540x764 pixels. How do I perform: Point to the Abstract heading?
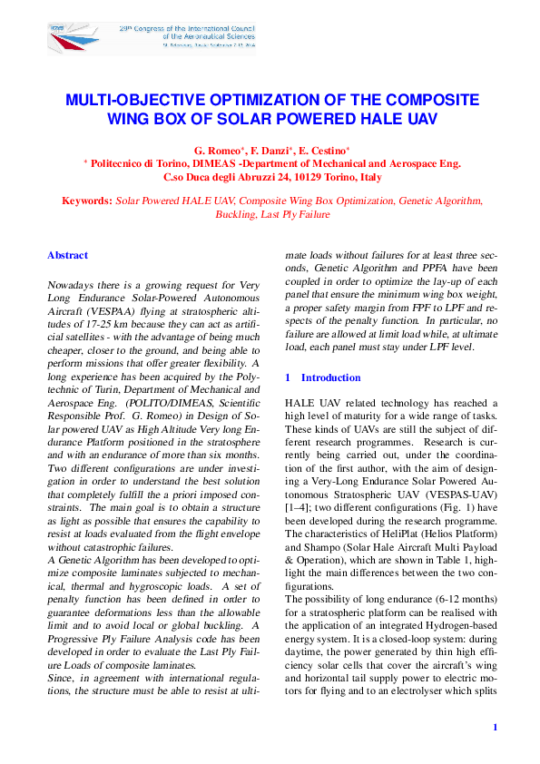(67, 256)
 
